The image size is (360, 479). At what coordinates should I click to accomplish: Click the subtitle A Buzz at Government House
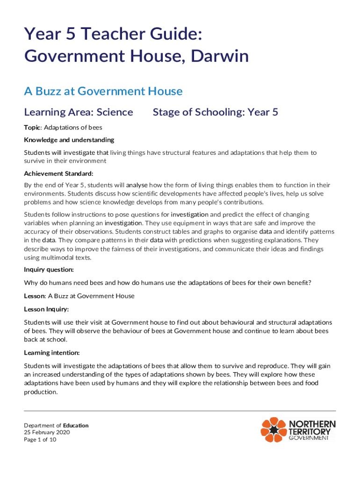tap(103, 91)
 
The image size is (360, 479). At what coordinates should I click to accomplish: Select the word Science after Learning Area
tap(115, 112)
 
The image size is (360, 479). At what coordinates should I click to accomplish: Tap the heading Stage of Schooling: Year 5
tap(216, 112)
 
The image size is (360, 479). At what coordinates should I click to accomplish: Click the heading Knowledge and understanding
tap(69, 140)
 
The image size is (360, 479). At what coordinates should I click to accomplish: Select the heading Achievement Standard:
tap(55, 174)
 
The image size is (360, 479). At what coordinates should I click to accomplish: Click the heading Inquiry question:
tap(49, 270)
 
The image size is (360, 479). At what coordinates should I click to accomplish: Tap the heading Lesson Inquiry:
tap(46, 309)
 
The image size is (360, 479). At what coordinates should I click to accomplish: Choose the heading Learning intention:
tap(51, 352)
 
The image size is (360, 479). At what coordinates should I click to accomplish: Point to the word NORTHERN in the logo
tap(312, 424)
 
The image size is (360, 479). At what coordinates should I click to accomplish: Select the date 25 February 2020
tap(47, 433)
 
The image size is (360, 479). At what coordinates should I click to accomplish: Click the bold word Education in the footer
tap(76, 426)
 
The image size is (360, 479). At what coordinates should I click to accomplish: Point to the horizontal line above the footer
tap(180, 411)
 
